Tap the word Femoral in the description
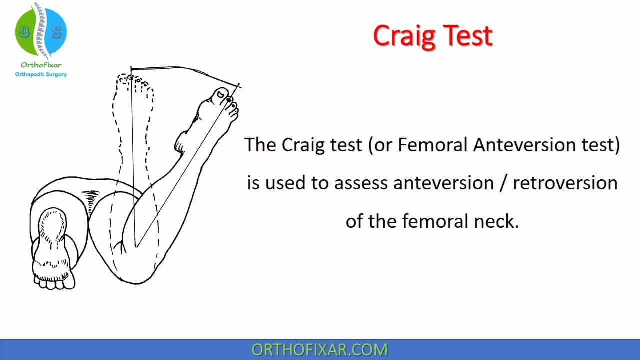point(433,144)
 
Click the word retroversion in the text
point(565,183)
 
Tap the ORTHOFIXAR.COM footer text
point(320,350)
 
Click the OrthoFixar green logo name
point(41,65)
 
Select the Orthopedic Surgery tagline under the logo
point(41,74)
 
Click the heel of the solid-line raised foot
point(180,143)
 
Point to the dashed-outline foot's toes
point(134,81)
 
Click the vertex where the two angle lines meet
point(136,247)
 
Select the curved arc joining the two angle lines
point(185,69)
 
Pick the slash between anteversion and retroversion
point(503,183)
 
